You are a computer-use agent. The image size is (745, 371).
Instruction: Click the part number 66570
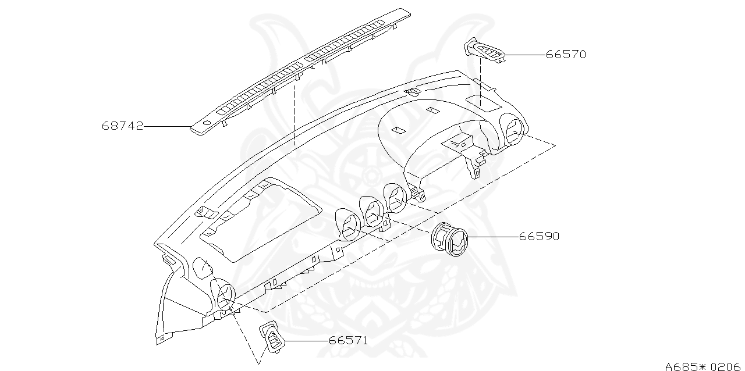tap(566, 55)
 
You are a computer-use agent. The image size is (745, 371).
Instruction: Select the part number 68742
tap(122, 126)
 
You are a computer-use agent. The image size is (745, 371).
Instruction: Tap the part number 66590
tap(539, 237)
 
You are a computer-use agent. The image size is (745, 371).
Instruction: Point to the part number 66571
tap(348, 341)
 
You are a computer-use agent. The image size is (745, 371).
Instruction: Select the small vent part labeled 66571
tap(272, 337)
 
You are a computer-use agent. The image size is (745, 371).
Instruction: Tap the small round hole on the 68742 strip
tap(205, 123)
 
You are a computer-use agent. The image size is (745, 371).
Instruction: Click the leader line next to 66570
tap(525, 55)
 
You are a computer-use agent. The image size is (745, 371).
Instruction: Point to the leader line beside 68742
tap(168, 126)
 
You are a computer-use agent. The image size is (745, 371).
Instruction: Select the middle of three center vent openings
tap(372, 210)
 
